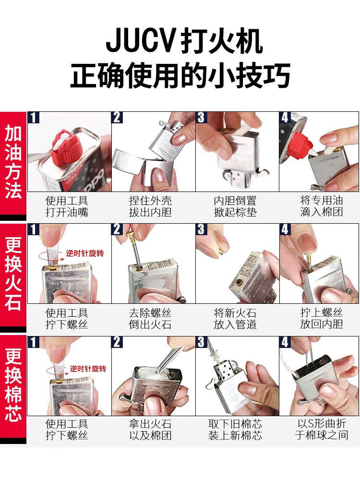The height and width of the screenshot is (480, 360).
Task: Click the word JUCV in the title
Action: point(140,41)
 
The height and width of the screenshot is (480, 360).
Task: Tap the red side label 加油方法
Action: point(13,162)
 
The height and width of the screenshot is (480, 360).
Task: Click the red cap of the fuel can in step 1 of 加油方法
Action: point(67,146)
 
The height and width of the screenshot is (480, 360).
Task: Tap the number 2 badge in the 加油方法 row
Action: point(117,117)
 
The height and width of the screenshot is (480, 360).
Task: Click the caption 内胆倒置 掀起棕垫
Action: point(235,206)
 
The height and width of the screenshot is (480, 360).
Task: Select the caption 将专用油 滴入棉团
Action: point(321,206)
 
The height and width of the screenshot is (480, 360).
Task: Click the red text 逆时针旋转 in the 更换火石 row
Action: point(85,253)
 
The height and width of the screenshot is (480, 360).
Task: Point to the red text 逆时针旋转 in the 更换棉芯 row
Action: point(88,368)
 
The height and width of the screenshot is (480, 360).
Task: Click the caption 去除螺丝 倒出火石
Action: point(150,319)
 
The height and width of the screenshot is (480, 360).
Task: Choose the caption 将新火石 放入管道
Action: point(235,319)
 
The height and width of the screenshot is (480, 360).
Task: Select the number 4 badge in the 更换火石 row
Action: point(285,229)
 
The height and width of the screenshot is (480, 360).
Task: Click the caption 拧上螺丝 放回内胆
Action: point(321,318)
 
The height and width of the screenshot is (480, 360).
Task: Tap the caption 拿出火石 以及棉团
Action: point(150,430)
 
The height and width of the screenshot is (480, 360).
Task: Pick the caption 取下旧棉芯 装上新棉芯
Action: point(235,430)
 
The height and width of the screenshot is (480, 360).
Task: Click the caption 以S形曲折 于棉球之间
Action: point(321,429)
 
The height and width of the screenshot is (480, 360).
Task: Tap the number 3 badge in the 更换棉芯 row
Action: point(201,342)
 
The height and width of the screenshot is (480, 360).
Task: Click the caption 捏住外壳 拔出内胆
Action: point(150,206)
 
